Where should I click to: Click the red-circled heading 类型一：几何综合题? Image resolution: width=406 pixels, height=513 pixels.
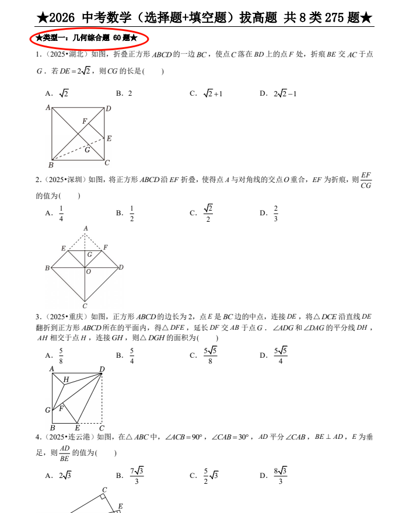pyautogui.click(x=87, y=39)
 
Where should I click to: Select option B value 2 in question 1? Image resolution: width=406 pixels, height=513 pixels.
pyautogui.click(x=129, y=93)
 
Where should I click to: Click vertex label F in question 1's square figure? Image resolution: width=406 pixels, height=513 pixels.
pyautogui.click(x=85, y=121)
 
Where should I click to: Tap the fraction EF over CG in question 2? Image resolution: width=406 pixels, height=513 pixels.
pyautogui.click(x=366, y=180)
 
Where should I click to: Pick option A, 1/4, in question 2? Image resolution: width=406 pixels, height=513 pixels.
pyautogui.click(x=61, y=214)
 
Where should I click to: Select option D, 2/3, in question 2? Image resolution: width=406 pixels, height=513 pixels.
pyautogui.click(x=275, y=214)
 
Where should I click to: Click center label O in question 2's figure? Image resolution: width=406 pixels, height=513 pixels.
pyautogui.click(x=88, y=271)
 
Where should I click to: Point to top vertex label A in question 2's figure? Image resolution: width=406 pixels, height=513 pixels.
pyautogui.click(x=86, y=228)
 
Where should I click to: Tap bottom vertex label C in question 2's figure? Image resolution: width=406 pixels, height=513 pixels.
pyautogui.click(x=85, y=305)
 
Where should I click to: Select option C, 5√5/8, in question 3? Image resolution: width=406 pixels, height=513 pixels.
pyautogui.click(x=210, y=355)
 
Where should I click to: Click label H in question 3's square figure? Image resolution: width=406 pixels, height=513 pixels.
pyautogui.click(x=66, y=379)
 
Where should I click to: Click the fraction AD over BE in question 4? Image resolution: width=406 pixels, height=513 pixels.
pyautogui.click(x=64, y=453)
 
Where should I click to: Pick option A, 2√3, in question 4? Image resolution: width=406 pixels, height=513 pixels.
pyautogui.click(x=64, y=476)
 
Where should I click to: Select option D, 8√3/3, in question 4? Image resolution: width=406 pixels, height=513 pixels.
pyautogui.click(x=280, y=476)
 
